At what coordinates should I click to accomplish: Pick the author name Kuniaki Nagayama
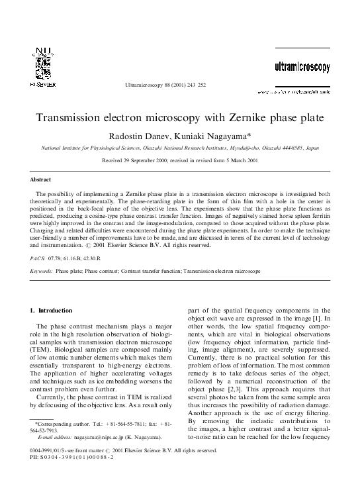click(212, 136)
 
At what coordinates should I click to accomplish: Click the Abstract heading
click(40, 179)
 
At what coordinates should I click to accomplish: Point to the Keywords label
click(43, 271)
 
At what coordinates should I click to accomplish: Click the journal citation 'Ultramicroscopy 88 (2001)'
click(154, 86)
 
